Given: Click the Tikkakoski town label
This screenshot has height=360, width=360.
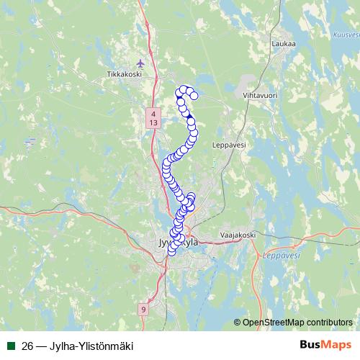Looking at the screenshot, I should pos(121,73).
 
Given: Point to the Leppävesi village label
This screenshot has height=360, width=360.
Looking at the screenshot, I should pos(230,144).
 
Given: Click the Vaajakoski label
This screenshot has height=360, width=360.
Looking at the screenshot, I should pos(237,235).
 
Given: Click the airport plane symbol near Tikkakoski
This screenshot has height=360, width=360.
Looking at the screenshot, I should pos(140,63).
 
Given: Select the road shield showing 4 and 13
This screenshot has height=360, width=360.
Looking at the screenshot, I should pos(153,118).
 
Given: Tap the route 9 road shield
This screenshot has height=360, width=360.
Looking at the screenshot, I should pos(143,309).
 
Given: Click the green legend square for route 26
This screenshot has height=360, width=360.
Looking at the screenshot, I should pos(11,346).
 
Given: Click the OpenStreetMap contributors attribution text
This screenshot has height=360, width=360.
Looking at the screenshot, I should pos(297,322).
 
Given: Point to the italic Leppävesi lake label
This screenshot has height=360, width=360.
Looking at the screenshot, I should pos(275,255).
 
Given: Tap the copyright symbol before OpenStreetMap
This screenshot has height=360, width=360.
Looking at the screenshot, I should pos(237,322).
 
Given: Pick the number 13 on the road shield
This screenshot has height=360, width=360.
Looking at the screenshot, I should pos(153,123).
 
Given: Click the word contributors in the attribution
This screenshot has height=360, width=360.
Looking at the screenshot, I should pos(328,322).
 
